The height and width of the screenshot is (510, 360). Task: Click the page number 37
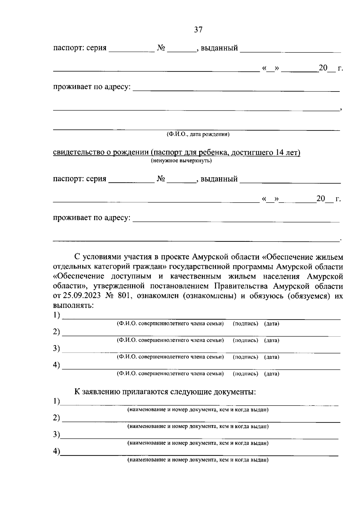(x=198, y=30)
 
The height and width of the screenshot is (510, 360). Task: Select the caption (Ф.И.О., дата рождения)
(x=198, y=134)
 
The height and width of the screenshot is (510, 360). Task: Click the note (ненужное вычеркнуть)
(x=181, y=161)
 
